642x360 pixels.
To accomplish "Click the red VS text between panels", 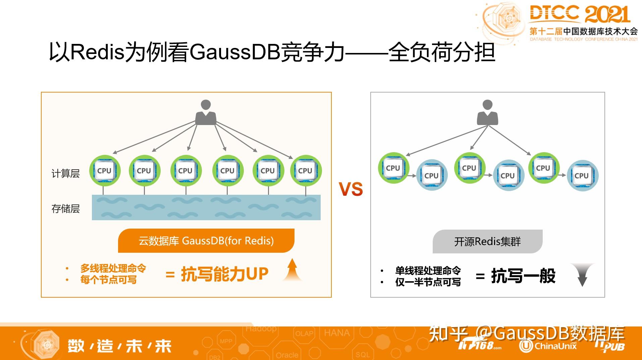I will [351, 189].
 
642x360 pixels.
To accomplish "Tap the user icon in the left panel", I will [206, 113].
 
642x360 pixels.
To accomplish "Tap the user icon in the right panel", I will [487, 113].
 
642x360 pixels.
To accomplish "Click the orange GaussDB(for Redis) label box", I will [206, 241].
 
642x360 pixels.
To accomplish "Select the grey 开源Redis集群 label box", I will [487, 241].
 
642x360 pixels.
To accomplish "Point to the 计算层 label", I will [65, 173].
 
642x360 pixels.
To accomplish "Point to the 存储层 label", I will [65, 208].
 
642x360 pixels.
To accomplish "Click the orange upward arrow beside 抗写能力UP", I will [292, 270].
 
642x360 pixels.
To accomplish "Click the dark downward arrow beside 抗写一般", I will [583, 275].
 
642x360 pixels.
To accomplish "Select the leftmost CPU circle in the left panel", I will [105, 171].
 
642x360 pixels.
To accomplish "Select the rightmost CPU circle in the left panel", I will [306, 171].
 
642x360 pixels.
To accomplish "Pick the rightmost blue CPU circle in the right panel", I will [582, 175].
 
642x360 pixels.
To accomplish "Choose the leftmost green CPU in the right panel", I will [393, 168].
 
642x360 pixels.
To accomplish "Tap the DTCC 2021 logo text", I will [580, 14].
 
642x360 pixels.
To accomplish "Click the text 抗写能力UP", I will [224, 274].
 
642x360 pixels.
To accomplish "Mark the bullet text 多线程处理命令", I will [113, 268].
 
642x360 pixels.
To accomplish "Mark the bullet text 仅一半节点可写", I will [428, 282].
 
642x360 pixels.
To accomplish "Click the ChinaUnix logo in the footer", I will [548, 346].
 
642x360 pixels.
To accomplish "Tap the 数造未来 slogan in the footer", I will [119, 346].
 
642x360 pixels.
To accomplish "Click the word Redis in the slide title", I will [97, 52].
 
